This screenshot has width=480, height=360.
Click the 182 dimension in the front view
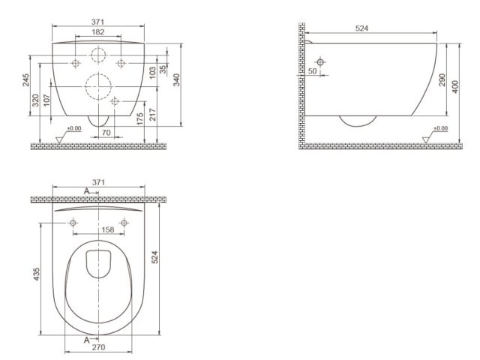tap(98, 31)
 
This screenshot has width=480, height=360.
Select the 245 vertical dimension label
tap(26, 80)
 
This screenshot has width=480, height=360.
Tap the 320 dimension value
tap(36, 100)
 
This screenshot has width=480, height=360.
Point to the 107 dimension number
tap(46, 100)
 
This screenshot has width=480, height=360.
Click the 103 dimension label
tap(152, 73)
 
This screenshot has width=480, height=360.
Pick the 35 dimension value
tap(163, 69)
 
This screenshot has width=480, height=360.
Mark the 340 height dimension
tap(177, 79)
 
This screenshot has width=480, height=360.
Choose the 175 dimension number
tap(140, 119)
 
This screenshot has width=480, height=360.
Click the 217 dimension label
tap(153, 115)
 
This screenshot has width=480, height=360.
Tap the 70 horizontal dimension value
tap(106, 133)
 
